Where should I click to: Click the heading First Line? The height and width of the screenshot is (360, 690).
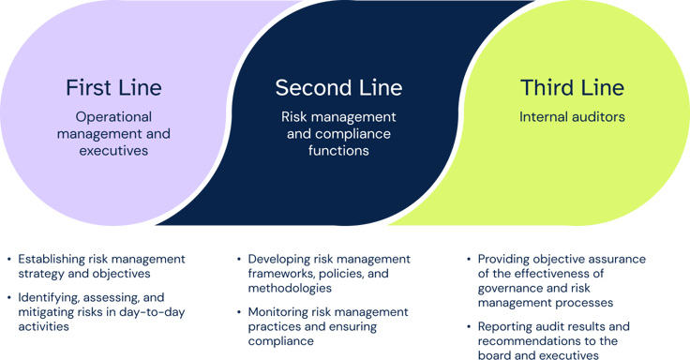[x=113, y=88]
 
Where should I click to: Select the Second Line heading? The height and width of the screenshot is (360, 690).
[x=338, y=88]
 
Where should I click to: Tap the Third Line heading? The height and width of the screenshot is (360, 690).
[x=572, y=88]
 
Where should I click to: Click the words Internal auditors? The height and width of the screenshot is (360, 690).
[x=572, y=117]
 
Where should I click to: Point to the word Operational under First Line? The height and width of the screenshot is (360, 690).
[x=113, y=117]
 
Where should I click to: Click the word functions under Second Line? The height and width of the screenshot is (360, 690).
[x=338, y=150]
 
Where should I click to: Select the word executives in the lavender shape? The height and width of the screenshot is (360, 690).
[x=113, y=150]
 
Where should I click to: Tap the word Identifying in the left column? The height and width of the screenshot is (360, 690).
[x=51, y=296]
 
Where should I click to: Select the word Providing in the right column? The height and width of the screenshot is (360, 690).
[x=507, y=259]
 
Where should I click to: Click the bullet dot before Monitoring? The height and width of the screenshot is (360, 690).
[x=238, y=311]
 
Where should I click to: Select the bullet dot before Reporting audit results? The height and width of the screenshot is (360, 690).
[x=468, y=325]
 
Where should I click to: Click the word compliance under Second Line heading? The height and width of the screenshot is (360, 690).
[x=338, y=133]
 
